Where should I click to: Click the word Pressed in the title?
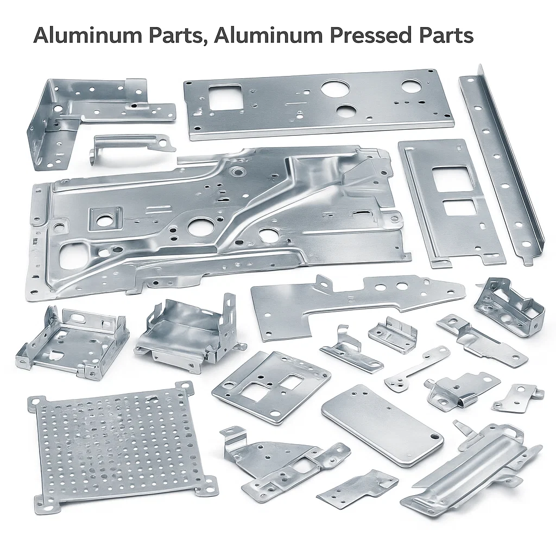click(x=371, y=36)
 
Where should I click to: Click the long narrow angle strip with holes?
click(x=501, y=163)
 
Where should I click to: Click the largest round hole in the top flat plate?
click(x=332, y=89)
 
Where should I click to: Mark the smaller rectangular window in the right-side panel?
click(x=459, y=207)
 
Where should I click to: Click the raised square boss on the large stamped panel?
click(x=105, y=219)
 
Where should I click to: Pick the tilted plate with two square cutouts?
click(x=271, y=386)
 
